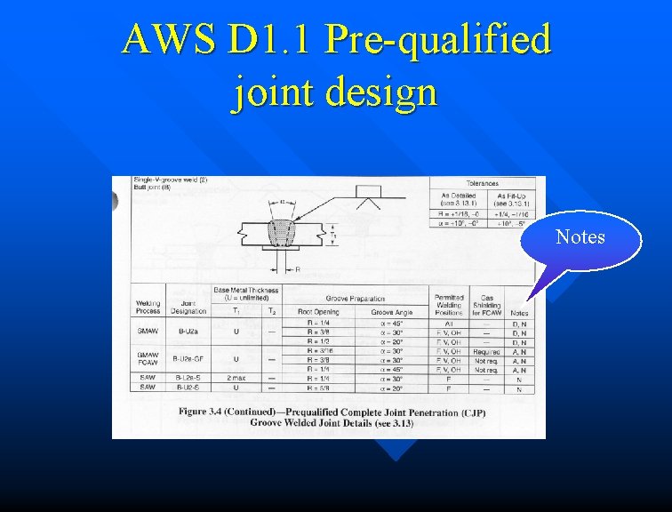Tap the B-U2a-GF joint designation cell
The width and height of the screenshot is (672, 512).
188,359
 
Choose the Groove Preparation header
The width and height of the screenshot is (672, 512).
356,300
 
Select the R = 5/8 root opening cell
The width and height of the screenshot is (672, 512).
317,388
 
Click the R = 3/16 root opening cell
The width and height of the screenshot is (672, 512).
318,350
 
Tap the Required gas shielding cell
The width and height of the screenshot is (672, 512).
486,351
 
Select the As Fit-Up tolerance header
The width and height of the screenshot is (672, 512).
512,199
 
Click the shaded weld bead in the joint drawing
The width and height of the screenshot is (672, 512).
284,234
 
